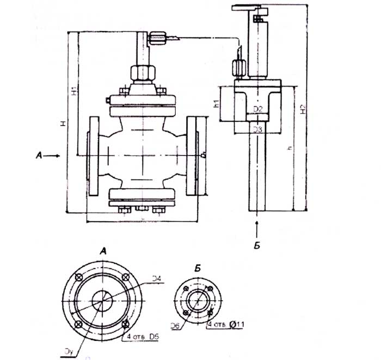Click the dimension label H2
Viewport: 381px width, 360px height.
click(x=303, y=109)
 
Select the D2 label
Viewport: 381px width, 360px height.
click(x=259, y=110)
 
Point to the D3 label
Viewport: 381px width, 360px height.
click(x=259, y=129)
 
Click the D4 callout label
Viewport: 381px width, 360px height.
click(x=156, y=280)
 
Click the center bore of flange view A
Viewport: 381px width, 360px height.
click(x=103, y=300)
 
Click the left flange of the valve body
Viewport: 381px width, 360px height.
click(x=93, y=156)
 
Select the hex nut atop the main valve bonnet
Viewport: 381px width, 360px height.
click(x=143, y=72)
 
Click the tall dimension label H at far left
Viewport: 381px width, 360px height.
click(x=64, y=124)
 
